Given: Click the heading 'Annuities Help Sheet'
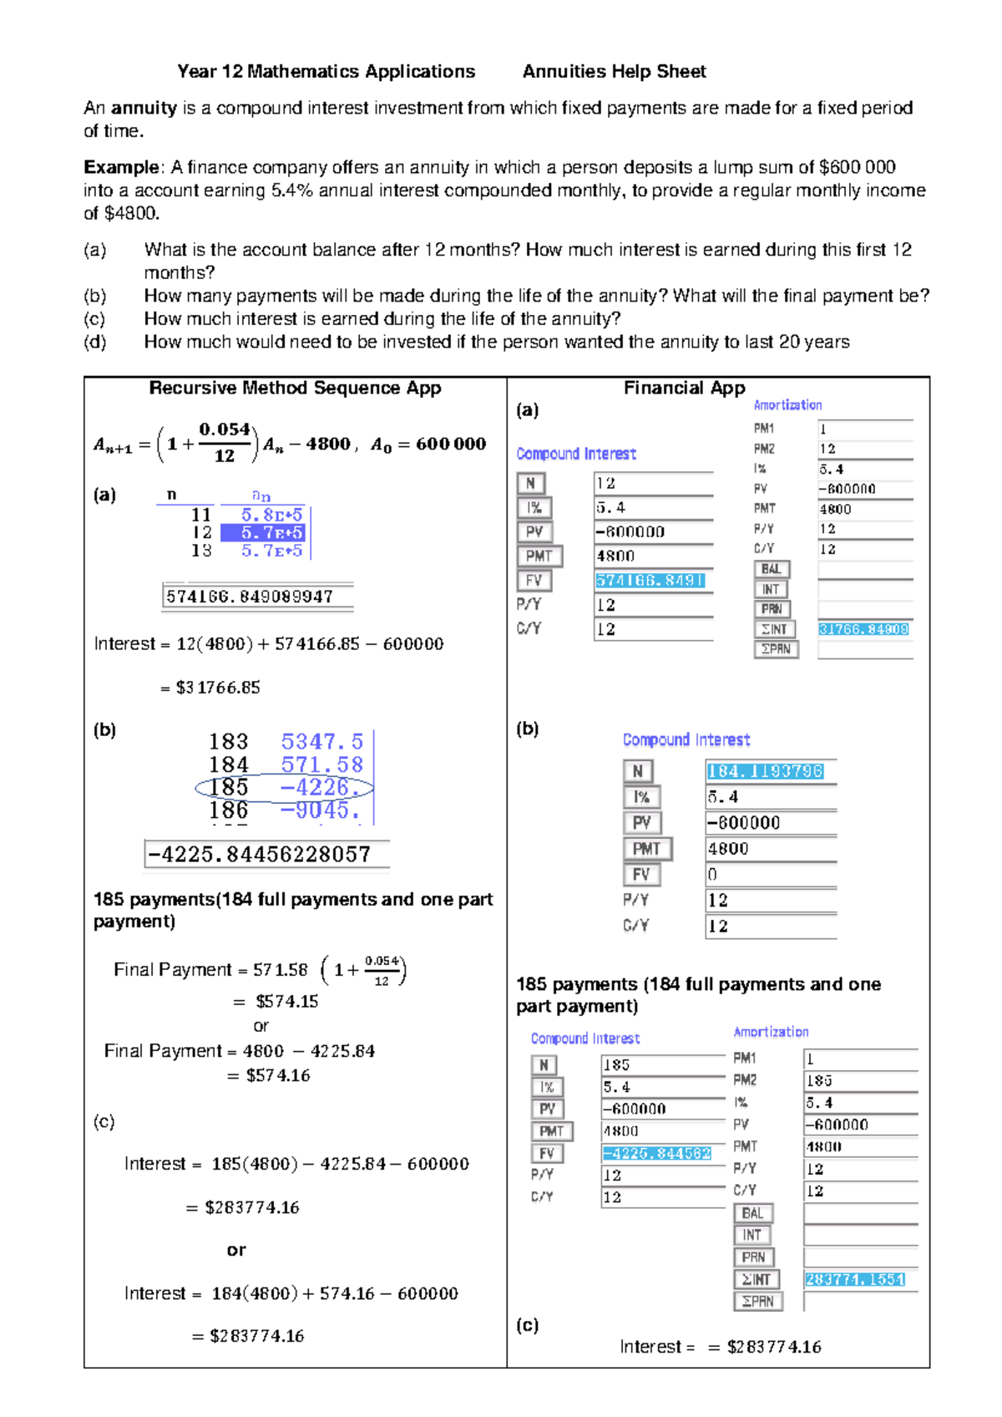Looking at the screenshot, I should click(614, 72).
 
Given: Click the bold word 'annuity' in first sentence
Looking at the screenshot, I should click(144, 108).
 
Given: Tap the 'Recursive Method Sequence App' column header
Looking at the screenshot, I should click(295, 388).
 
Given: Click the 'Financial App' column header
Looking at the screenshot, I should click(684, 388).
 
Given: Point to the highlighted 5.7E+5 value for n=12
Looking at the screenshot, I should click(263, 532).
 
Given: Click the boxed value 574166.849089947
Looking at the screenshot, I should click(250, 597).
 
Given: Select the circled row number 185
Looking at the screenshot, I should click(228, 787).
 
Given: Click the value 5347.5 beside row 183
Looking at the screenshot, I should click(321, 742).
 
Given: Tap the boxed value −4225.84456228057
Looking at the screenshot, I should click(260, 855).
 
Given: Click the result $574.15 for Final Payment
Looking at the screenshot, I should click(286, 1001).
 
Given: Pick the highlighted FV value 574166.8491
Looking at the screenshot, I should click(650, 581).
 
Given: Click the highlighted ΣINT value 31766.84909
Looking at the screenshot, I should click(863, 629).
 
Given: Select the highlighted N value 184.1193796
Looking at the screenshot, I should click(765, 771).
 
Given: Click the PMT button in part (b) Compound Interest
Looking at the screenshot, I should click(646, 849).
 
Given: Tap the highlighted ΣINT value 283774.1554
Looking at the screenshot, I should click(855, 1279).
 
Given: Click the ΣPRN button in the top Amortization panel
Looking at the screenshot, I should click(776, 649).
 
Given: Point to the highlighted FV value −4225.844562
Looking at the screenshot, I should click(657, 1153).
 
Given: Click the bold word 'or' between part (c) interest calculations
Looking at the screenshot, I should click(236, 1250).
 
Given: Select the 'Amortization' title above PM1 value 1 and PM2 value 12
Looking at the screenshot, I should click(787, 405).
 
